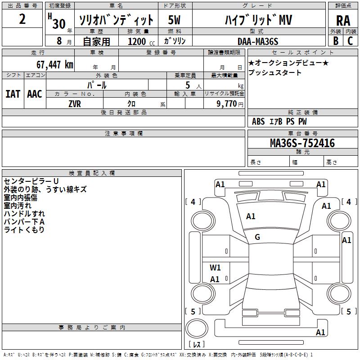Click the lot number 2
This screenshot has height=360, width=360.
click(x=22, y=19)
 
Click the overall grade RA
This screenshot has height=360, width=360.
click(x=343, y=21)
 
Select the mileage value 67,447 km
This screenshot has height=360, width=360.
click(x=55, y=65)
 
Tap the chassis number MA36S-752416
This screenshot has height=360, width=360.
click(x=302, y=143)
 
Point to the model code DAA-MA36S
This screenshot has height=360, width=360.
click(x=258, y=41)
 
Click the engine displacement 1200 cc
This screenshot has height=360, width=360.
click(x=141, y=41)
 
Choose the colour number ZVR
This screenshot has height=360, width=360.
click(x=75, y=104)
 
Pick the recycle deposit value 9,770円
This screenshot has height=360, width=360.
click(x=230, y=104)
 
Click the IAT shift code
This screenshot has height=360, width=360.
click(x=13, y=94)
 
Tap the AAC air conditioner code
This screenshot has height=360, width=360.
click(x=35, y=94)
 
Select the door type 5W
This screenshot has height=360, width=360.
click(x=174, y=20)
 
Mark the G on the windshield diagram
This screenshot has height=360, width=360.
click(x=257, y=237)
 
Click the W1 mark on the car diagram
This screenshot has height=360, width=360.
click(x=215, y=267)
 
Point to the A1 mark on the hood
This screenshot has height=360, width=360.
click(x=251, y=216)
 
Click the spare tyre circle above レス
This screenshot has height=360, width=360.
click(x=197, y=328)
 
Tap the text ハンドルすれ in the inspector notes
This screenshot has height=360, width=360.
click(x=24, y=214)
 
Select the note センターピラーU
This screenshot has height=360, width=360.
click(x=31, y=181)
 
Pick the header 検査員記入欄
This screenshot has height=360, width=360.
click(x=92, y=173)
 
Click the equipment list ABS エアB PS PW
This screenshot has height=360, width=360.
click(x=279, y=121)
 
